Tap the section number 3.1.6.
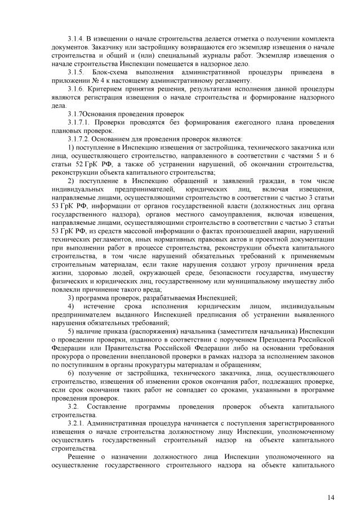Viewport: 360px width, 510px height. point(76,90)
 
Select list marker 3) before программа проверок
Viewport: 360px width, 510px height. point(71,297)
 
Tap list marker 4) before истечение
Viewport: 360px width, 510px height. point(72,306)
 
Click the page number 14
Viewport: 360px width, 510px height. point(331,496)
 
